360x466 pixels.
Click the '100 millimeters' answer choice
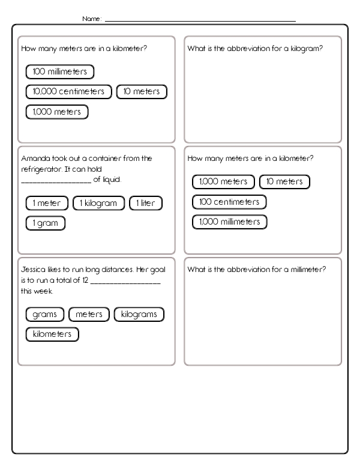pyautogui.click(x=60, y=72)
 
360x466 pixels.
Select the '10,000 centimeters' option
pyautogui.click(x=69, y=92)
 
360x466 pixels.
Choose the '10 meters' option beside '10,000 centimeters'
pyautogui.click(x=142, y=92)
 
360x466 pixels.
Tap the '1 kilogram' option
pyautogui.click(x=98, y=203)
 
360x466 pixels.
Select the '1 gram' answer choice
pyautogui.click(x=45, y=223)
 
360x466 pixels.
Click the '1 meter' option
pyautogui.click(x=47, y=203)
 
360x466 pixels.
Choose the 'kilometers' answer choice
pyautogui.click(x=52, y=334)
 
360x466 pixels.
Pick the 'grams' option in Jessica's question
pyautogui.click(x=45, y=314)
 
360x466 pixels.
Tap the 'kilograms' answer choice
pyautogui.click(x=139, y=314)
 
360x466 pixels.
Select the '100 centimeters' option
pyautogui.click(x=229, y=202)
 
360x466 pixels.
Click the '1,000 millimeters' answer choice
pyautogui.click(x=229, y=222)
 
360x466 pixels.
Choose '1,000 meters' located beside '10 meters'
pyautogui.click(x=223, y=181)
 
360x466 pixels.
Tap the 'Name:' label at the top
pyautogui.click(x=92, y=19)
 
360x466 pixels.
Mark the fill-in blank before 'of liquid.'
pyautogui.click(x=56, y=180)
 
